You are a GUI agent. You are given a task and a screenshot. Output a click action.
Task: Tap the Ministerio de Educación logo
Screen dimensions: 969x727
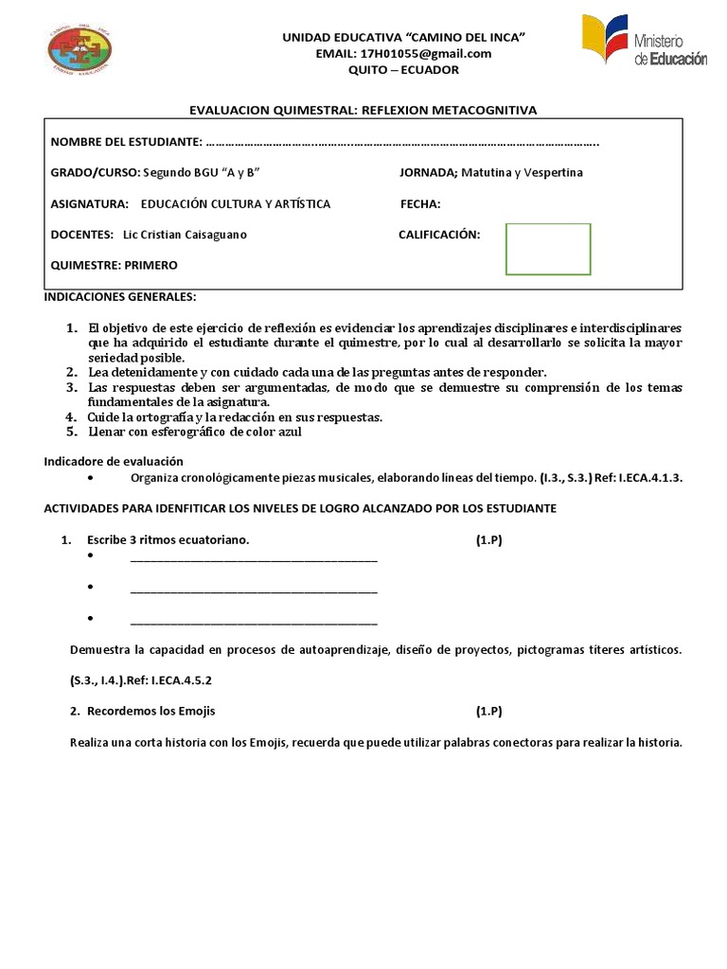644,41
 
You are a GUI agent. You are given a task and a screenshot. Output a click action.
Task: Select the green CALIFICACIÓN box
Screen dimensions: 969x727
548,249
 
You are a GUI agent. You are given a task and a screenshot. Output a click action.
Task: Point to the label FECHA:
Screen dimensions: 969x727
420,203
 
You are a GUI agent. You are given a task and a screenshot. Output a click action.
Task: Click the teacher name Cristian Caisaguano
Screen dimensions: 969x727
185,235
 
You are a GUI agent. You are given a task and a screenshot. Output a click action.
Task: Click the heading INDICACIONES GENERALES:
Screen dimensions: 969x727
120,296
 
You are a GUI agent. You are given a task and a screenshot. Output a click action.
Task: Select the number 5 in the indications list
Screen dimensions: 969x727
70,432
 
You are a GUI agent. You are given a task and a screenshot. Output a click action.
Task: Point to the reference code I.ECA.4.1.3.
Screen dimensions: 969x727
648,478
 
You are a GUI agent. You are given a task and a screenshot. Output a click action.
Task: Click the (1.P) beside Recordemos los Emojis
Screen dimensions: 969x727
488,712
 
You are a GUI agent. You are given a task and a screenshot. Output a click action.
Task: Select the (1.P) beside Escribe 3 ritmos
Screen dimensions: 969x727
488,539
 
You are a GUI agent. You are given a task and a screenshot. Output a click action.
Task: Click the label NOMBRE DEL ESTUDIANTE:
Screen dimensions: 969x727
125,142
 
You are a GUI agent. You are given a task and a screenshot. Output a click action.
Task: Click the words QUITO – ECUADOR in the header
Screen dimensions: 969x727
403,69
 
